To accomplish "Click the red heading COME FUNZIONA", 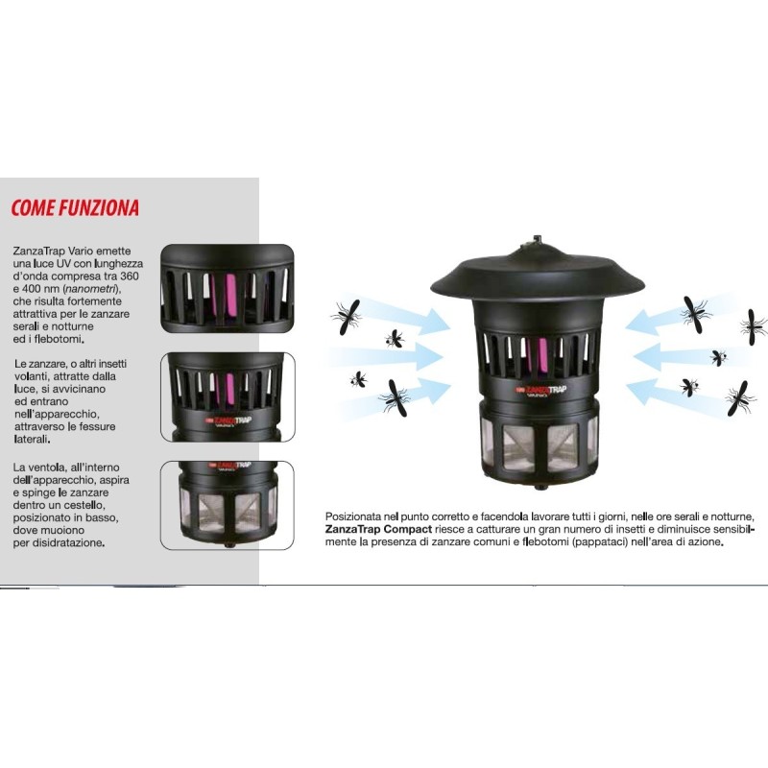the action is [x=75, y=207].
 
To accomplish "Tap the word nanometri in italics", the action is [x=91, y=289].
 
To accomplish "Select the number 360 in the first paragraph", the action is [x=130, y=276].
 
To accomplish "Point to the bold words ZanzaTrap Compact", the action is [x=378, y=529].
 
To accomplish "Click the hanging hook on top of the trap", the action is [x=538, y=239].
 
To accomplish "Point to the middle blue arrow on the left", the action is [x=387, y=356].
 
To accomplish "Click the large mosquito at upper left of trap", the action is [x=348, y=318].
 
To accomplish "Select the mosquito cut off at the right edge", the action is [x=755, y=326].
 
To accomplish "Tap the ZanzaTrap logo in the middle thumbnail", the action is [x=229, y=421].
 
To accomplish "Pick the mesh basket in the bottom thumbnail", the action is [x=228, y=511].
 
